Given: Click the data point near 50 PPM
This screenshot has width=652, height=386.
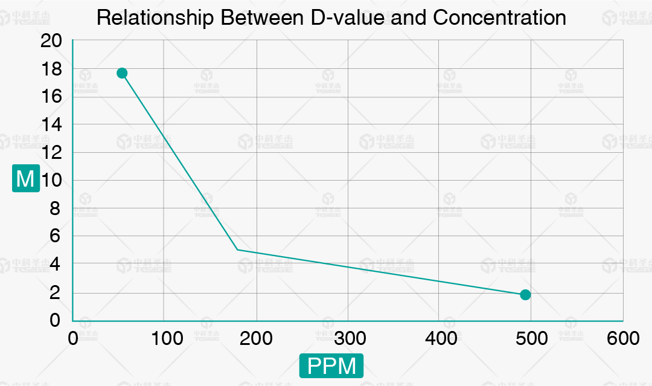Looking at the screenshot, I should [122, 73].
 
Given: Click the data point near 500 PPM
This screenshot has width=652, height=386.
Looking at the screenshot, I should [525, 295].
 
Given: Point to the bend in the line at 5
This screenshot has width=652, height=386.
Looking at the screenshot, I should [237, 249].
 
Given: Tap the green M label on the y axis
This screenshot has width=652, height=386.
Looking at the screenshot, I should [26, 179].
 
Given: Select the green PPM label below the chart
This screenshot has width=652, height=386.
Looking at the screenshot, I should [331, 366].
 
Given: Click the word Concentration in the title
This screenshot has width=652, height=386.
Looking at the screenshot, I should [499, 18].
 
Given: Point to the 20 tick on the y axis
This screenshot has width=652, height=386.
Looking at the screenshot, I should [51, 41].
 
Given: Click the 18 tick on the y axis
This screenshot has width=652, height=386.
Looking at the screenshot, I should [51, 69].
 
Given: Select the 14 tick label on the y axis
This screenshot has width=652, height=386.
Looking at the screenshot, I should [51, 124].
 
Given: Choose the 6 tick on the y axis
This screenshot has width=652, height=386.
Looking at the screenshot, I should [55, 236].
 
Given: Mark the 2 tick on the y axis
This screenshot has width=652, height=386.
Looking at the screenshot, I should [55, 292].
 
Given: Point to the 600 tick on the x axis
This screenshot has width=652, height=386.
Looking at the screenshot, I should [622, 338].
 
